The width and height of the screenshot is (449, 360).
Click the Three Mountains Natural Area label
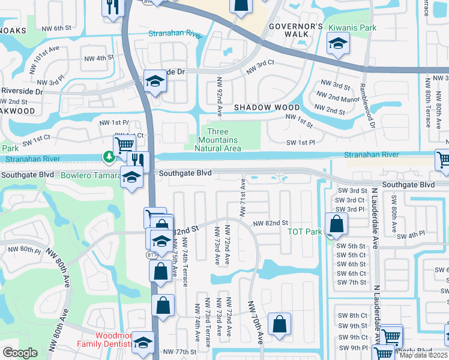pos(223,140)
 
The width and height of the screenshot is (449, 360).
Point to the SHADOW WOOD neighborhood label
pos(258,107)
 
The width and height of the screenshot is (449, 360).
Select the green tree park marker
pos(109,157)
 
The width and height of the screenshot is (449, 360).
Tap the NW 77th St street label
pos(180,352)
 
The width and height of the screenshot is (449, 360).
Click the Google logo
pos(20,353)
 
